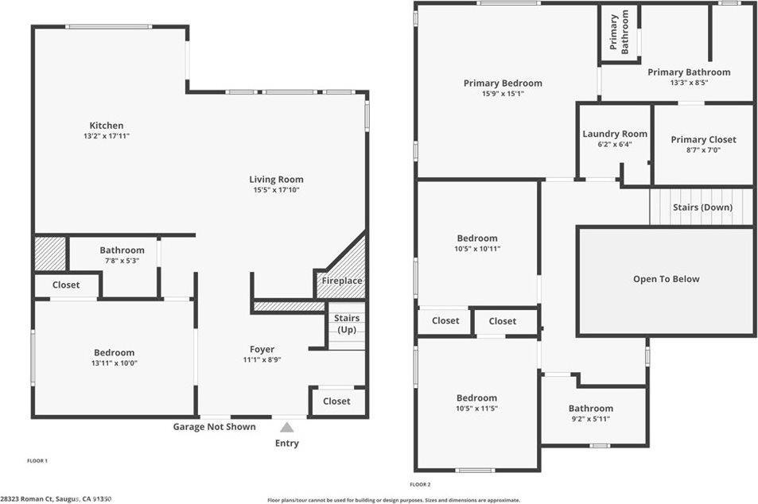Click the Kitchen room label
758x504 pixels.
click(106, 126)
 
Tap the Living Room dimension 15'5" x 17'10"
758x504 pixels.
click(276, 190)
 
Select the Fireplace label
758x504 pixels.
click(341, 281)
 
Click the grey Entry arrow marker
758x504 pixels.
click(286, 428)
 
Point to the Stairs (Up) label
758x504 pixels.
click(346, 324)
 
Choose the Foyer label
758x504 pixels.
click(262, 349)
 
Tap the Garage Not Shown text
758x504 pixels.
click(215, 427)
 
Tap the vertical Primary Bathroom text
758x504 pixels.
click(620, 32)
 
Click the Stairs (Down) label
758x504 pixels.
click(702, 207)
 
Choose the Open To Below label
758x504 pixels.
click(666, 279)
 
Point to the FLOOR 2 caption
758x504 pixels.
click(420, 484)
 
